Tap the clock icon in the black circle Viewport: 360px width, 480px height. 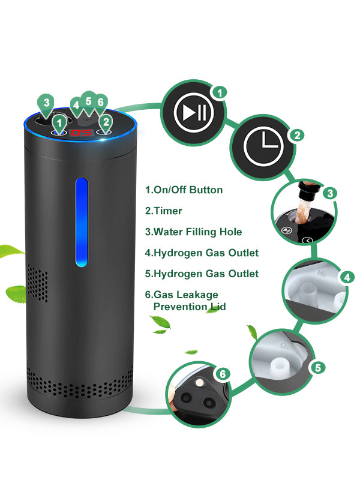click(265, 146)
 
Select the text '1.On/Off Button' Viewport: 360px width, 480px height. click(184, 190)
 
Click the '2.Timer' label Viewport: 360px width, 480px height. click(164, 211)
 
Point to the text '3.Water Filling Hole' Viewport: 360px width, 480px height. click(193, 232)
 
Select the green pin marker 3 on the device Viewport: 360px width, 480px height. click(46, 103)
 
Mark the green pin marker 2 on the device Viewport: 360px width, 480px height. click(106, 122)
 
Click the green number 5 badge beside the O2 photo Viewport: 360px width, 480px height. click(317, 367)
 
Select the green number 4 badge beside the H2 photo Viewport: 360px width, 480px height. click(346, 278)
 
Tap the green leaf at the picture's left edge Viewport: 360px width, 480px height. click(10, 251)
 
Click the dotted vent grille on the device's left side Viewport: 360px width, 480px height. click(38, 285)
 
